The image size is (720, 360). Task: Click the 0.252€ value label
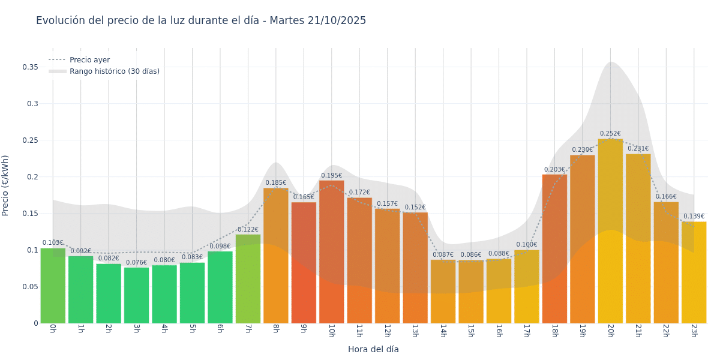pyautogui.click(x=610, y=134)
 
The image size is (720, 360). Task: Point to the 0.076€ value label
pyautogui.click(x=136, y=262)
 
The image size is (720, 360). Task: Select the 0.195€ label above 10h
pyautogui.click(x=331, y=176)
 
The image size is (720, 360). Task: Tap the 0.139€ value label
pyautogui.click(x=694, y=217)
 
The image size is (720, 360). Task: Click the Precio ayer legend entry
pyautogui.click(x=89, y=60)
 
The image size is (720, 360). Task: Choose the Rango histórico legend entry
pyautogui.click(x=114, y=71)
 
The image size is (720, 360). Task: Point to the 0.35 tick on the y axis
pyautogui.click(x=30, y=67)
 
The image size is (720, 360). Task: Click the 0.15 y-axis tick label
pyautogui.click(x=30, y=214)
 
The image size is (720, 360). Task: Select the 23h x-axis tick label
pyautogui.click(x=694, y=331)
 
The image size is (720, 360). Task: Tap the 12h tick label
pyautogui.click(x=387, y=331)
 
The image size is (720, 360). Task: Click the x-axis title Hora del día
pyautogui.click(x=373, y=349)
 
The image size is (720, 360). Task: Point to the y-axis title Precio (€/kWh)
pyautogui.click(x=5, y=185)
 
